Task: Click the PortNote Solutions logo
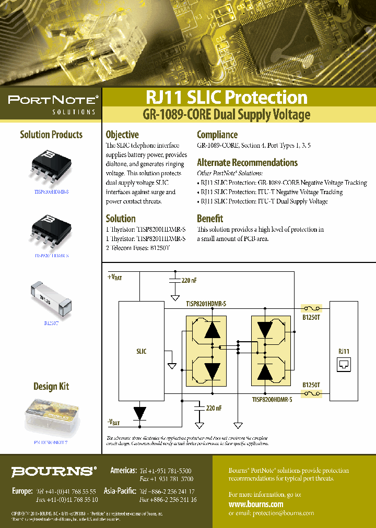(x=52, y=103)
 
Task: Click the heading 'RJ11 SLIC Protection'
(x=226, y=98)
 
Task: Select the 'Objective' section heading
(x=122, y=135)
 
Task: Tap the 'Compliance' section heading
(x=217, y=135)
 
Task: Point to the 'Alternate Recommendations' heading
(x=247, y=162)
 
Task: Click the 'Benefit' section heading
(x=210, y=219)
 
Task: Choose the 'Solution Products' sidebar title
(x=51, y=135)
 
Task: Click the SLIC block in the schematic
(x=141, y=351)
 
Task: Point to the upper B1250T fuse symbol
(x=312, y=308)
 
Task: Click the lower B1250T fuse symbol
(x=312, y=394)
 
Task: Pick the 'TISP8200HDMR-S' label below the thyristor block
(x=272, y=399)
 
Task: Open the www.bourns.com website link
(x=256, y=504)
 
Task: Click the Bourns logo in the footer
(x=54, y=472)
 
